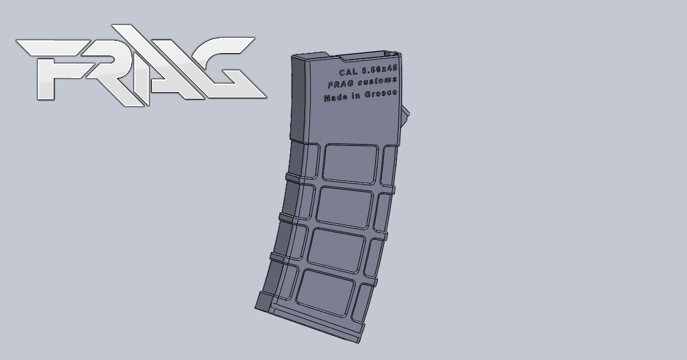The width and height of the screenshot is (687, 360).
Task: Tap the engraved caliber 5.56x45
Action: coord(380,70)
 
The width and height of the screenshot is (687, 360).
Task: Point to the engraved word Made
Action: coord(335,98)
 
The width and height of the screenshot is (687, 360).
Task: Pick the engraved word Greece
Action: coord(381,94)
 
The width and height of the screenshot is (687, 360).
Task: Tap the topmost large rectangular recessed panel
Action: coord(350,163)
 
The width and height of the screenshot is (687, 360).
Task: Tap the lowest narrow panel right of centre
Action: coord(366,299)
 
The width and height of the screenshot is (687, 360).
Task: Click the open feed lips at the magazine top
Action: coord(366,57)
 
